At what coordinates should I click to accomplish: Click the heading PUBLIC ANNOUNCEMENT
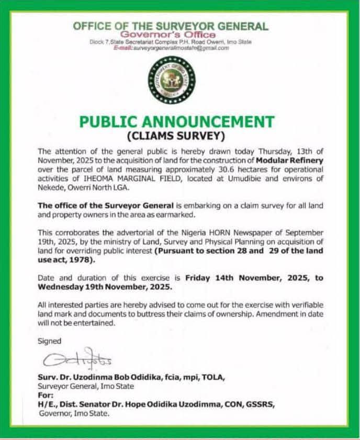177,122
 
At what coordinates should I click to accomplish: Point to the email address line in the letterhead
172,48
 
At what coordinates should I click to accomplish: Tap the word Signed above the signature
50,341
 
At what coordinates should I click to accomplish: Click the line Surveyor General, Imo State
86,386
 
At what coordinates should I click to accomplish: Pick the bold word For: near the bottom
46,396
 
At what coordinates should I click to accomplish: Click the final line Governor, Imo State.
74,413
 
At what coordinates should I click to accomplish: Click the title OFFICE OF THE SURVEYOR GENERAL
171,26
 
